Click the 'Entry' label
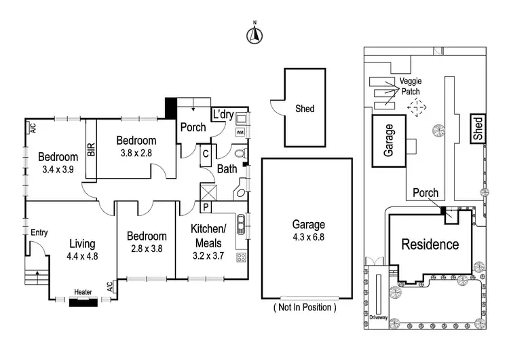pos(39,232)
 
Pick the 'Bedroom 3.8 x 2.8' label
pos(137,146)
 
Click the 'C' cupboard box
pos(205,154)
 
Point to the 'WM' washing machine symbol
pos(240,133)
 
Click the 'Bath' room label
pos(227,170)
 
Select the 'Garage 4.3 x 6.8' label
pos(309,230)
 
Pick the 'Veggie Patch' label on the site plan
pos(411,86)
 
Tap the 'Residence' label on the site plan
pos(429,245)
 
